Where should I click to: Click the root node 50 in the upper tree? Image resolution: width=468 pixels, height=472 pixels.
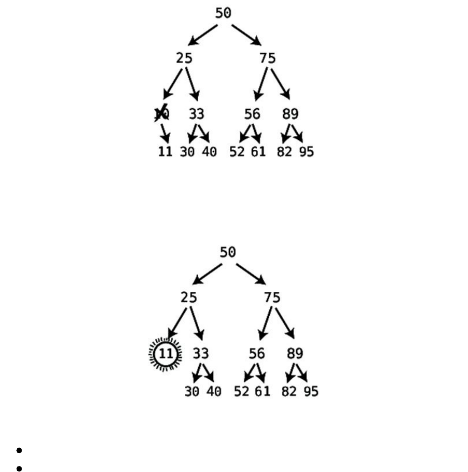tap(223, 13)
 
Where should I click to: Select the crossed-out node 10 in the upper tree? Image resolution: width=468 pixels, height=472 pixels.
tap(162, 114)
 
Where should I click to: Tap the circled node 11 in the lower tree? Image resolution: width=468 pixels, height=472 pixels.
tap(165, 353)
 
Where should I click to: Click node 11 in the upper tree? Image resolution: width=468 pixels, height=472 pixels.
tap(165, 151)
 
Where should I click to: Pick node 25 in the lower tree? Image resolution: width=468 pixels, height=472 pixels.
tap(188, 297)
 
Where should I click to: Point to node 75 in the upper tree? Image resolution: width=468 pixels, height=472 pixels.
tap(267, 58)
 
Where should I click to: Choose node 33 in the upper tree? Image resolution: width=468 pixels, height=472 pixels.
tap(196, 114)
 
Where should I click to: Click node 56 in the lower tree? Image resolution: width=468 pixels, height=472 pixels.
tap(256, 353)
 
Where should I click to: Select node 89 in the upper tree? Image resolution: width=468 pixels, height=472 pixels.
tap(290, 114)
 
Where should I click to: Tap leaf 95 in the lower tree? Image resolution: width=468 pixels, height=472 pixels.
tap(311, 391)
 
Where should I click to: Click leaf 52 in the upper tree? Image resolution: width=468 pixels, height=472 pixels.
tap(237, 151)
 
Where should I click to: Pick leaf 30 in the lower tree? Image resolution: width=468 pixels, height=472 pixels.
tap(192, 391)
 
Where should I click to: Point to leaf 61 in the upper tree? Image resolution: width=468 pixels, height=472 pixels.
tap(258, 151)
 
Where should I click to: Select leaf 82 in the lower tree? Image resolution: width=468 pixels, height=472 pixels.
tap(289, 391)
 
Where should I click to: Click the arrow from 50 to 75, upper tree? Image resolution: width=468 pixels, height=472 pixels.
tap(246, 34)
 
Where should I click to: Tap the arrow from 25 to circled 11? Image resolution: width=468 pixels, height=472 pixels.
tap(178, 322)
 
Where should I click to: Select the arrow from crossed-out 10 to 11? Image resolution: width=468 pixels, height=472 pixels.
tap(164, 133)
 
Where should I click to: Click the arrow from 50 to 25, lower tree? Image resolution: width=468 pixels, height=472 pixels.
tap(208, 273)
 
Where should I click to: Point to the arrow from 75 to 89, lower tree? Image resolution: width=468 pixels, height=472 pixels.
tap(284, 322)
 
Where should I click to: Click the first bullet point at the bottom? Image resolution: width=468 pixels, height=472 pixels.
tap(19, 450)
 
